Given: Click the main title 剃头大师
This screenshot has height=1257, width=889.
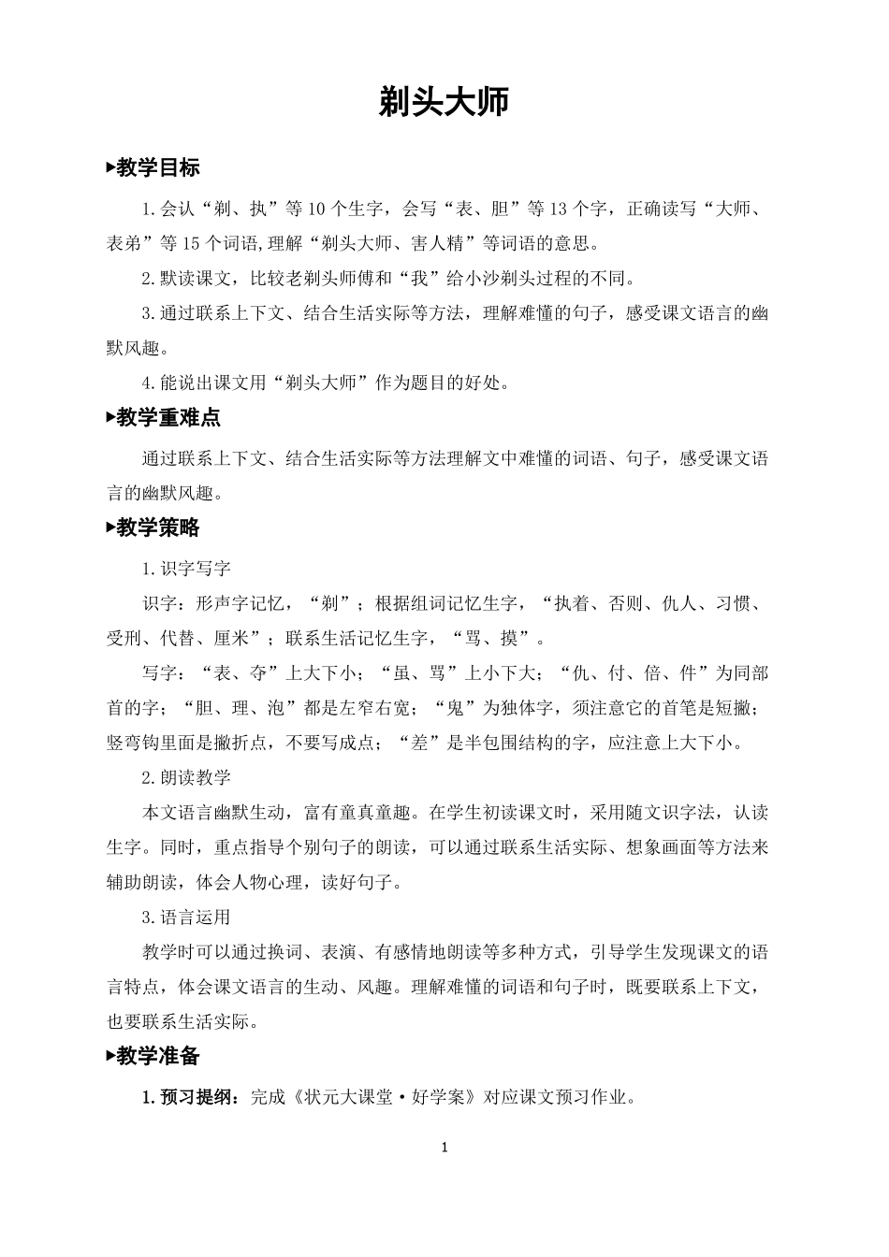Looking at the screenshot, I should pyautogui.click(x=444, y=102).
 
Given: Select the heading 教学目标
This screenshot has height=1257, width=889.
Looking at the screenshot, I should pyautogui.click(x=158, y=168).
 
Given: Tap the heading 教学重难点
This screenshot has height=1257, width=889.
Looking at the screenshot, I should pyautogui.click(x=168, y=418).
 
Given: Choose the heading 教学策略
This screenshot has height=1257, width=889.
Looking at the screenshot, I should pyautogui.click(x=158, y=527).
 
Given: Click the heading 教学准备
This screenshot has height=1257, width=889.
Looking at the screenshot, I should pyautogui.click(x=158, y=1056).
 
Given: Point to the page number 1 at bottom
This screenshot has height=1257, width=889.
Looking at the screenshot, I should pyautogui.click(x=444, y=1148).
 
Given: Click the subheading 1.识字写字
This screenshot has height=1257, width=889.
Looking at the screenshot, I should pyautogui.click(x=186, y=568).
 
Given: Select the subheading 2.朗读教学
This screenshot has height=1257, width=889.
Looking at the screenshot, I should pyautogui.click(x=186, y=777).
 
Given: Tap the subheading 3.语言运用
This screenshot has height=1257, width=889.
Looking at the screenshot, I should pyautogui.click(x=186, y=917).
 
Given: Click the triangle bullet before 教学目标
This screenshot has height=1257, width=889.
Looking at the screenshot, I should pyautogui.click(x=110, y=168).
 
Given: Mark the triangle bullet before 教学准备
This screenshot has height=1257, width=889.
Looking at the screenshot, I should pyautogui.click(x=110, y=1056).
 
